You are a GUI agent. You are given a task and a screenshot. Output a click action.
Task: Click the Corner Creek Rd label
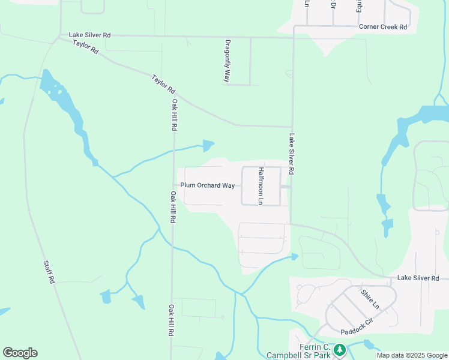point(383,27)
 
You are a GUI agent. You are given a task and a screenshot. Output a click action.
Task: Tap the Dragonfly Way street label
point(228,61)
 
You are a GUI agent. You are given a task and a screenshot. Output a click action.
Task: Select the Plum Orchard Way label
point(207,185)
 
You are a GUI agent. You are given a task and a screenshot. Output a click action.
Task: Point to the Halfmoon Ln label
point(261,186)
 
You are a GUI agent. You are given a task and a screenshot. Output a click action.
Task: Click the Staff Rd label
point(49,272)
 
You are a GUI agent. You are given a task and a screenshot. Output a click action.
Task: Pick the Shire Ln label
point(370,299)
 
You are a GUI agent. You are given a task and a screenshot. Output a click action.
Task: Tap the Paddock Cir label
point(357,331)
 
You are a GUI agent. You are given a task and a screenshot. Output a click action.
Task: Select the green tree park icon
point(340,349)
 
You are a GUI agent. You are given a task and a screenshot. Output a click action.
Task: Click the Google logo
point(20,353)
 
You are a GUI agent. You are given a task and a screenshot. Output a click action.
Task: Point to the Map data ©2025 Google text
point(411,355)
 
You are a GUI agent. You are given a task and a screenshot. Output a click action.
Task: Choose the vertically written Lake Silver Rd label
point(291,154)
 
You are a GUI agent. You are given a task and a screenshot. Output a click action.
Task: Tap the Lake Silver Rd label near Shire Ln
point(418,278)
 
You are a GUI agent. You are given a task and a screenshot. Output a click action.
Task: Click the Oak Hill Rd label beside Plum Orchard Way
point(172,207)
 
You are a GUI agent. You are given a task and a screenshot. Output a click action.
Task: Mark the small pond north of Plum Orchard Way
point(208,145)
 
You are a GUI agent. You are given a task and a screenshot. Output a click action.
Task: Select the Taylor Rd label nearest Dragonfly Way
point(163,84)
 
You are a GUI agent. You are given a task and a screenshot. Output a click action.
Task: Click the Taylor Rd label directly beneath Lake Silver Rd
point(85,47)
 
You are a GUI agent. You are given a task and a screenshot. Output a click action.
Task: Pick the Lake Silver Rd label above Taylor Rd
point(89,35)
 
